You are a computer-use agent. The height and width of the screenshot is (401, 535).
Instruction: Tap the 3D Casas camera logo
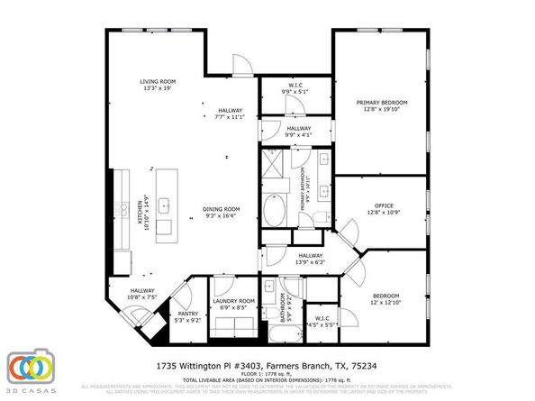click(x=31, y=369)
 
